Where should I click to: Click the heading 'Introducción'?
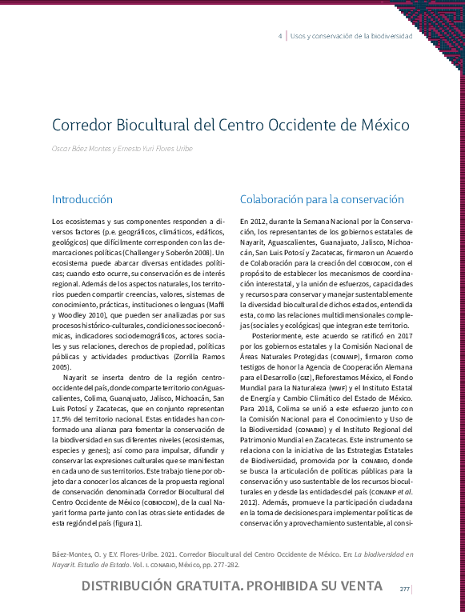82,199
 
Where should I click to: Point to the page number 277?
405,590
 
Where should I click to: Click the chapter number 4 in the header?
279,37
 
